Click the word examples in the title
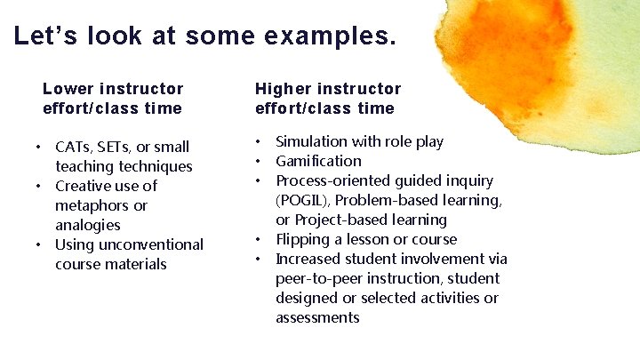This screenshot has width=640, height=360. pyautogui.click(x=329, y=36)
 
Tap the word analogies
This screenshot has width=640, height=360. pyautogui.click(x=88, y=225)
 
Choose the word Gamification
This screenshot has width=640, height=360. pyautogui.click(x=318, y=161)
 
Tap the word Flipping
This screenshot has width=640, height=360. pyautogui.click(x=303, y=239)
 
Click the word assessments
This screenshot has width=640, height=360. pyautogui.click(x=317, y=317)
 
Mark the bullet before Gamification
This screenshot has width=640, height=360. pyautogui.click(x=258, y=161)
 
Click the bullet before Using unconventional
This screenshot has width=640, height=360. pyautogui.click(x=39, y=244)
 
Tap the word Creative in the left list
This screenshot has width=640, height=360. pyautogui.click(x=84, y=186)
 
